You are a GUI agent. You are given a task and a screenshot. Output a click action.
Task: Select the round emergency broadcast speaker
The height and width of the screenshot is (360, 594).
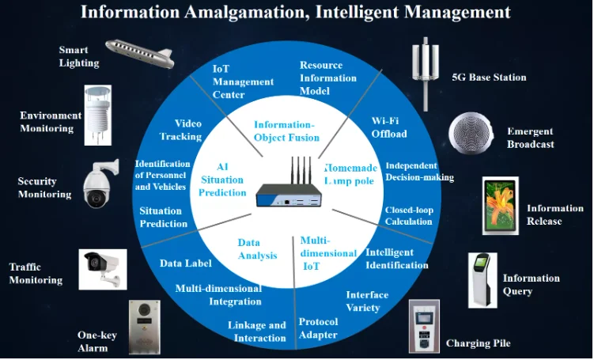tap(471, 133)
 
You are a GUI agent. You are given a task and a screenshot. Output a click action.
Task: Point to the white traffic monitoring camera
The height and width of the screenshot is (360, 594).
tap(103, 270)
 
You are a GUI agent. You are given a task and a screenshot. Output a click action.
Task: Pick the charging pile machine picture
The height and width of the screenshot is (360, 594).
tap(424, 326)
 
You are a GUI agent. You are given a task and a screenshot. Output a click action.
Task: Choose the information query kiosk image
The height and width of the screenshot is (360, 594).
tap(482, 280)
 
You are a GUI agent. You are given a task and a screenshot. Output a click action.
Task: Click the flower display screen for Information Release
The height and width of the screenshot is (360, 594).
tap(501, 206)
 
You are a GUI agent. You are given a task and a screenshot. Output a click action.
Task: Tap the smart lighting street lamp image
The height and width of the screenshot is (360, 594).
tap(139, 54)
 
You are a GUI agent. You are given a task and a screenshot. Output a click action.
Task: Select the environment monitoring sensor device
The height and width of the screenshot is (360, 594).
tap(98, 116)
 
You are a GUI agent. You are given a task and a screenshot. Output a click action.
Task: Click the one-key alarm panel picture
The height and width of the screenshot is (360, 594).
tap(144, 328)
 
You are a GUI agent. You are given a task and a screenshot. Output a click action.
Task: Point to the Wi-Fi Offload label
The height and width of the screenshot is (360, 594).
tap(389, 127)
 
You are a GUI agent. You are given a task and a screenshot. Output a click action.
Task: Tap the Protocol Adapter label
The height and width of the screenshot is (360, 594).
tap(318, 328)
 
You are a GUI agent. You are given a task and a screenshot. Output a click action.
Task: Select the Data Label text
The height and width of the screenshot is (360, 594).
tap(186, 263)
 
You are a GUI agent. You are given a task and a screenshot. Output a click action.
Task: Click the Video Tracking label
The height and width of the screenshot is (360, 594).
tap(180, 130)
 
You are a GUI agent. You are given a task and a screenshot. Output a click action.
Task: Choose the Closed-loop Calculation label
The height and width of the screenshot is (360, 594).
tap(409, 216)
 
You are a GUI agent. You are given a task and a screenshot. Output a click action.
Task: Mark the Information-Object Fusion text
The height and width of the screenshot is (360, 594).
tap(287, 131)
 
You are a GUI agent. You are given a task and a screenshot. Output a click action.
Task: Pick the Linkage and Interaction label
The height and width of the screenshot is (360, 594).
tap(257, 332)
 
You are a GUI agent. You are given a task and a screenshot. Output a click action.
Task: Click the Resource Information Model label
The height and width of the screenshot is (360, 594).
tap(328, 78)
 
